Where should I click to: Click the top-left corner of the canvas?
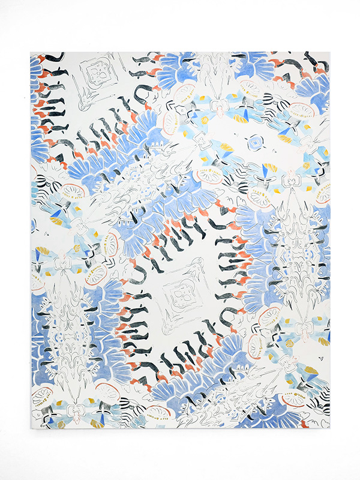[31, 52]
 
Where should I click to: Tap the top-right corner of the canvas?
[329, 52]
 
